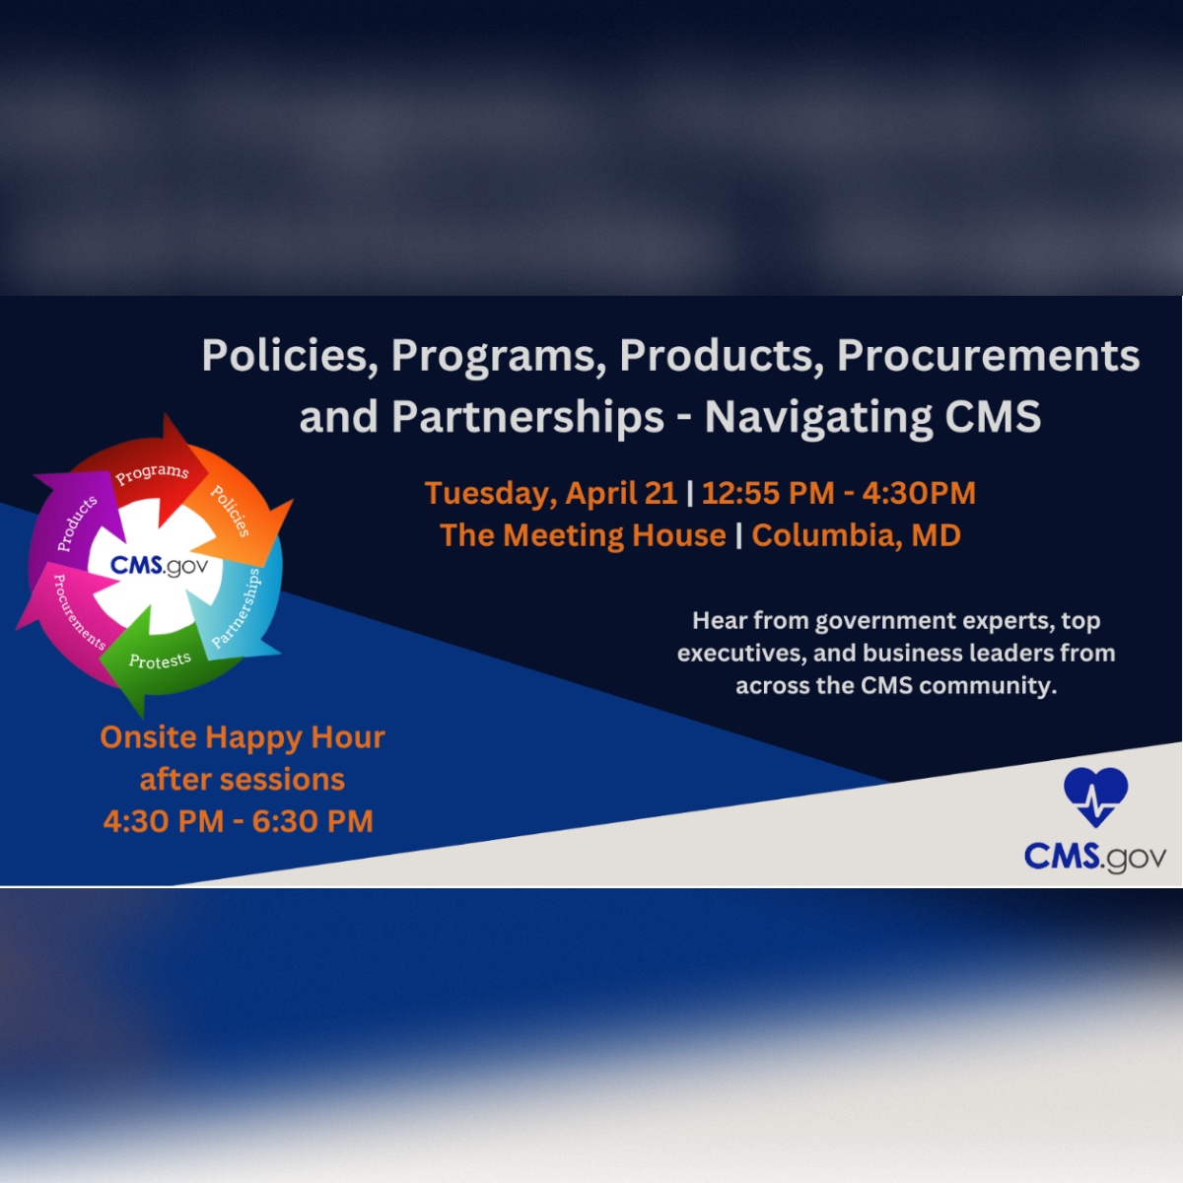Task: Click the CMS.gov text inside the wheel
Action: tap(159, 566)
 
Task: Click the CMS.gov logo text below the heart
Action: tap(1094, 856)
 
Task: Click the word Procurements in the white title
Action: tap(988, 356)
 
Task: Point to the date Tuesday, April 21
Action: tap(550, 493)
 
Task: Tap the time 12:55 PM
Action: tap(767, 493)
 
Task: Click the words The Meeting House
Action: tap(583, 535)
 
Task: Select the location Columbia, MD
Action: tap(856, 535)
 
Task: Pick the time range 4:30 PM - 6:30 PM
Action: tap(239, 821)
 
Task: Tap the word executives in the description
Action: tap(739, 654)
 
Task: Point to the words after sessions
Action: tap(243, 780)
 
